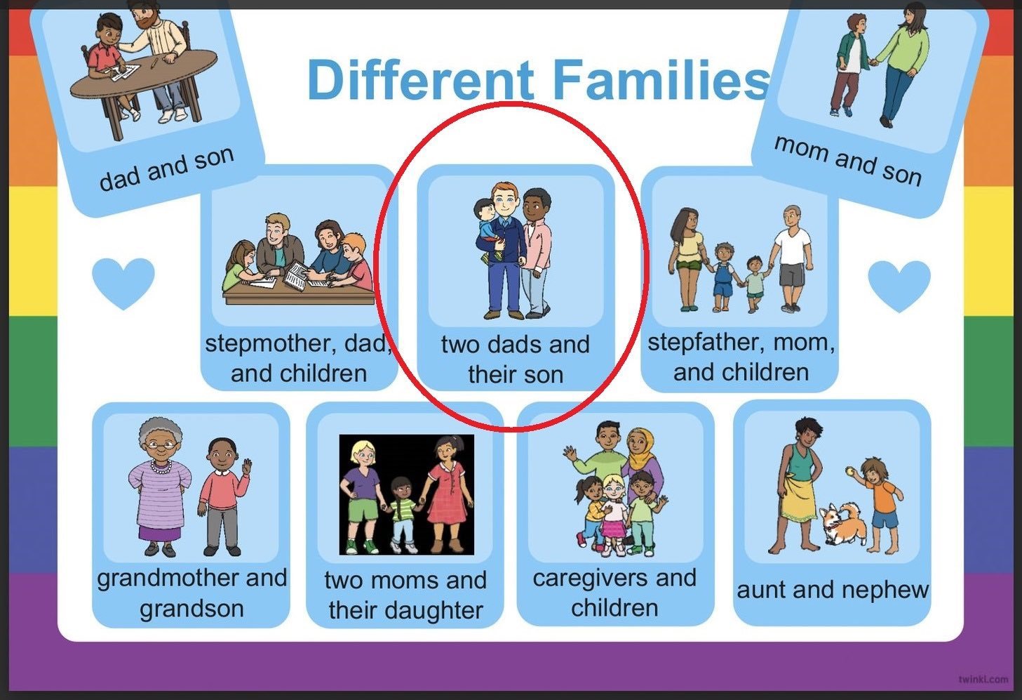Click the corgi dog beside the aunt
[x=844, y=523]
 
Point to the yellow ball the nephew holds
[x=849, y=470]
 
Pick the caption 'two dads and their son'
[x=516, y=359]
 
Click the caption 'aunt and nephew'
[x=833, y=590]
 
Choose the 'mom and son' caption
[x=848, y=160]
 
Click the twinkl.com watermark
[x=983, y=679]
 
